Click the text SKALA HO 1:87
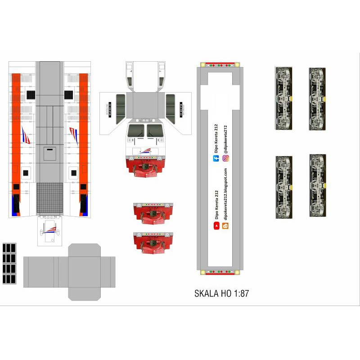221,294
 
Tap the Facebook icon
216,158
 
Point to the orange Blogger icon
226,226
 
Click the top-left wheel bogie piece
284,98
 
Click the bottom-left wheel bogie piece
284,187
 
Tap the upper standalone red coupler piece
153,213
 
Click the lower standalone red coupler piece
153,243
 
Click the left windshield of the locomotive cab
135,131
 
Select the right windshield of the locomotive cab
155,131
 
